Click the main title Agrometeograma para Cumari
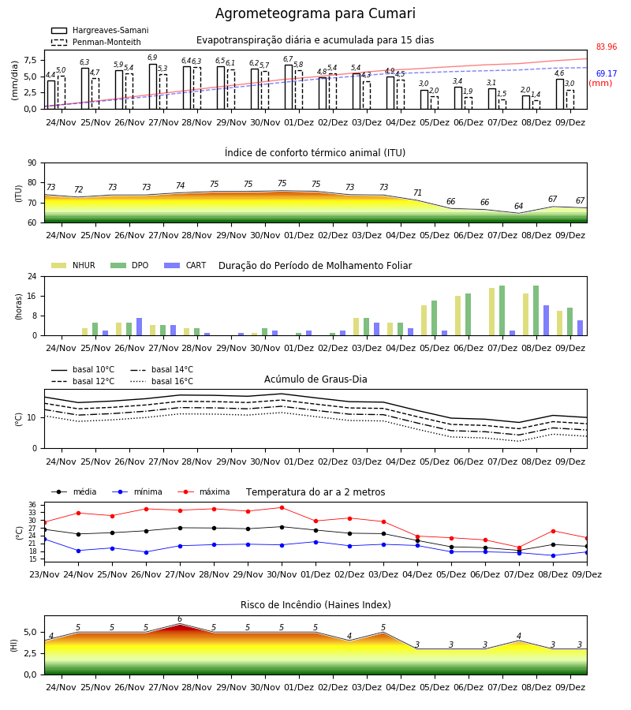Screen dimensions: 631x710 (x=315, y=13)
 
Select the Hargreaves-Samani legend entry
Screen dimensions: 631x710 (x=100, y=30)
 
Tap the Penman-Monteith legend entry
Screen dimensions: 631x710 (x=96, y=42)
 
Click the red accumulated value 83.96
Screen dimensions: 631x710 (x=607, y=47)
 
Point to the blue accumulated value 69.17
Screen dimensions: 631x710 (x=607, y=73)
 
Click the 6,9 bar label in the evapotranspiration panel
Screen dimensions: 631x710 (x=152, y=58)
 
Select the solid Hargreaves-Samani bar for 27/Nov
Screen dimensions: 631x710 (x=153, y=87)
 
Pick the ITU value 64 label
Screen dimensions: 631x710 (x=519, y=206)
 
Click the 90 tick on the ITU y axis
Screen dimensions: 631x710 (x=32, y=163)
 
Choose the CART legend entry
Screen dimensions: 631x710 (x=185, y=265)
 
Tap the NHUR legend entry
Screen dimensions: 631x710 (x=73, y=265)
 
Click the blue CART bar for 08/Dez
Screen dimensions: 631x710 (x=547, y=320)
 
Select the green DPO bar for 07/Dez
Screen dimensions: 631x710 (x=502, y=311)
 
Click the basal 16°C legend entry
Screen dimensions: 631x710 (x=162, y=381)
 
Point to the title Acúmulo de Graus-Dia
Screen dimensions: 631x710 (x=315, y=379)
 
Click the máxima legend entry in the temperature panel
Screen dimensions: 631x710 (x=204, y=491)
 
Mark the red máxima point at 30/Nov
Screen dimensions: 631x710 (x=282, y=507)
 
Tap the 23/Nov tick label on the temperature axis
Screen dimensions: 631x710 (x=44, y=574)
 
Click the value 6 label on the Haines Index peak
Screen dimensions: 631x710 (x=180, y=619)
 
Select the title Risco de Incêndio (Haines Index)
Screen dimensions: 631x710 (x=315, y=605)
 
